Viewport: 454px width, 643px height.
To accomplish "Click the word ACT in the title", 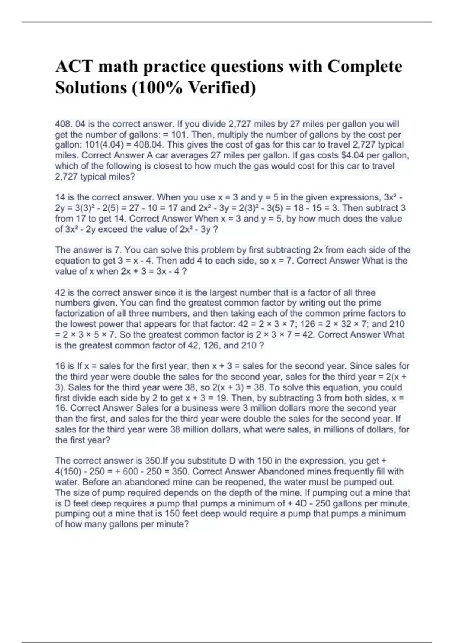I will pyautogui.click(x=74, y=66).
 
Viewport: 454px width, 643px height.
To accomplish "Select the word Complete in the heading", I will pyautogui.click(x=364, y=66).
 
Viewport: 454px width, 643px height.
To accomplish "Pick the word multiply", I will pyautogui.click(x=234, y=135).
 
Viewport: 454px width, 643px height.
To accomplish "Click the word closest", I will pyautogui.click(x=179, y=166).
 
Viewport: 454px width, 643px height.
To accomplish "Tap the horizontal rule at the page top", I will pyautogui.click(x=227, y=22).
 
